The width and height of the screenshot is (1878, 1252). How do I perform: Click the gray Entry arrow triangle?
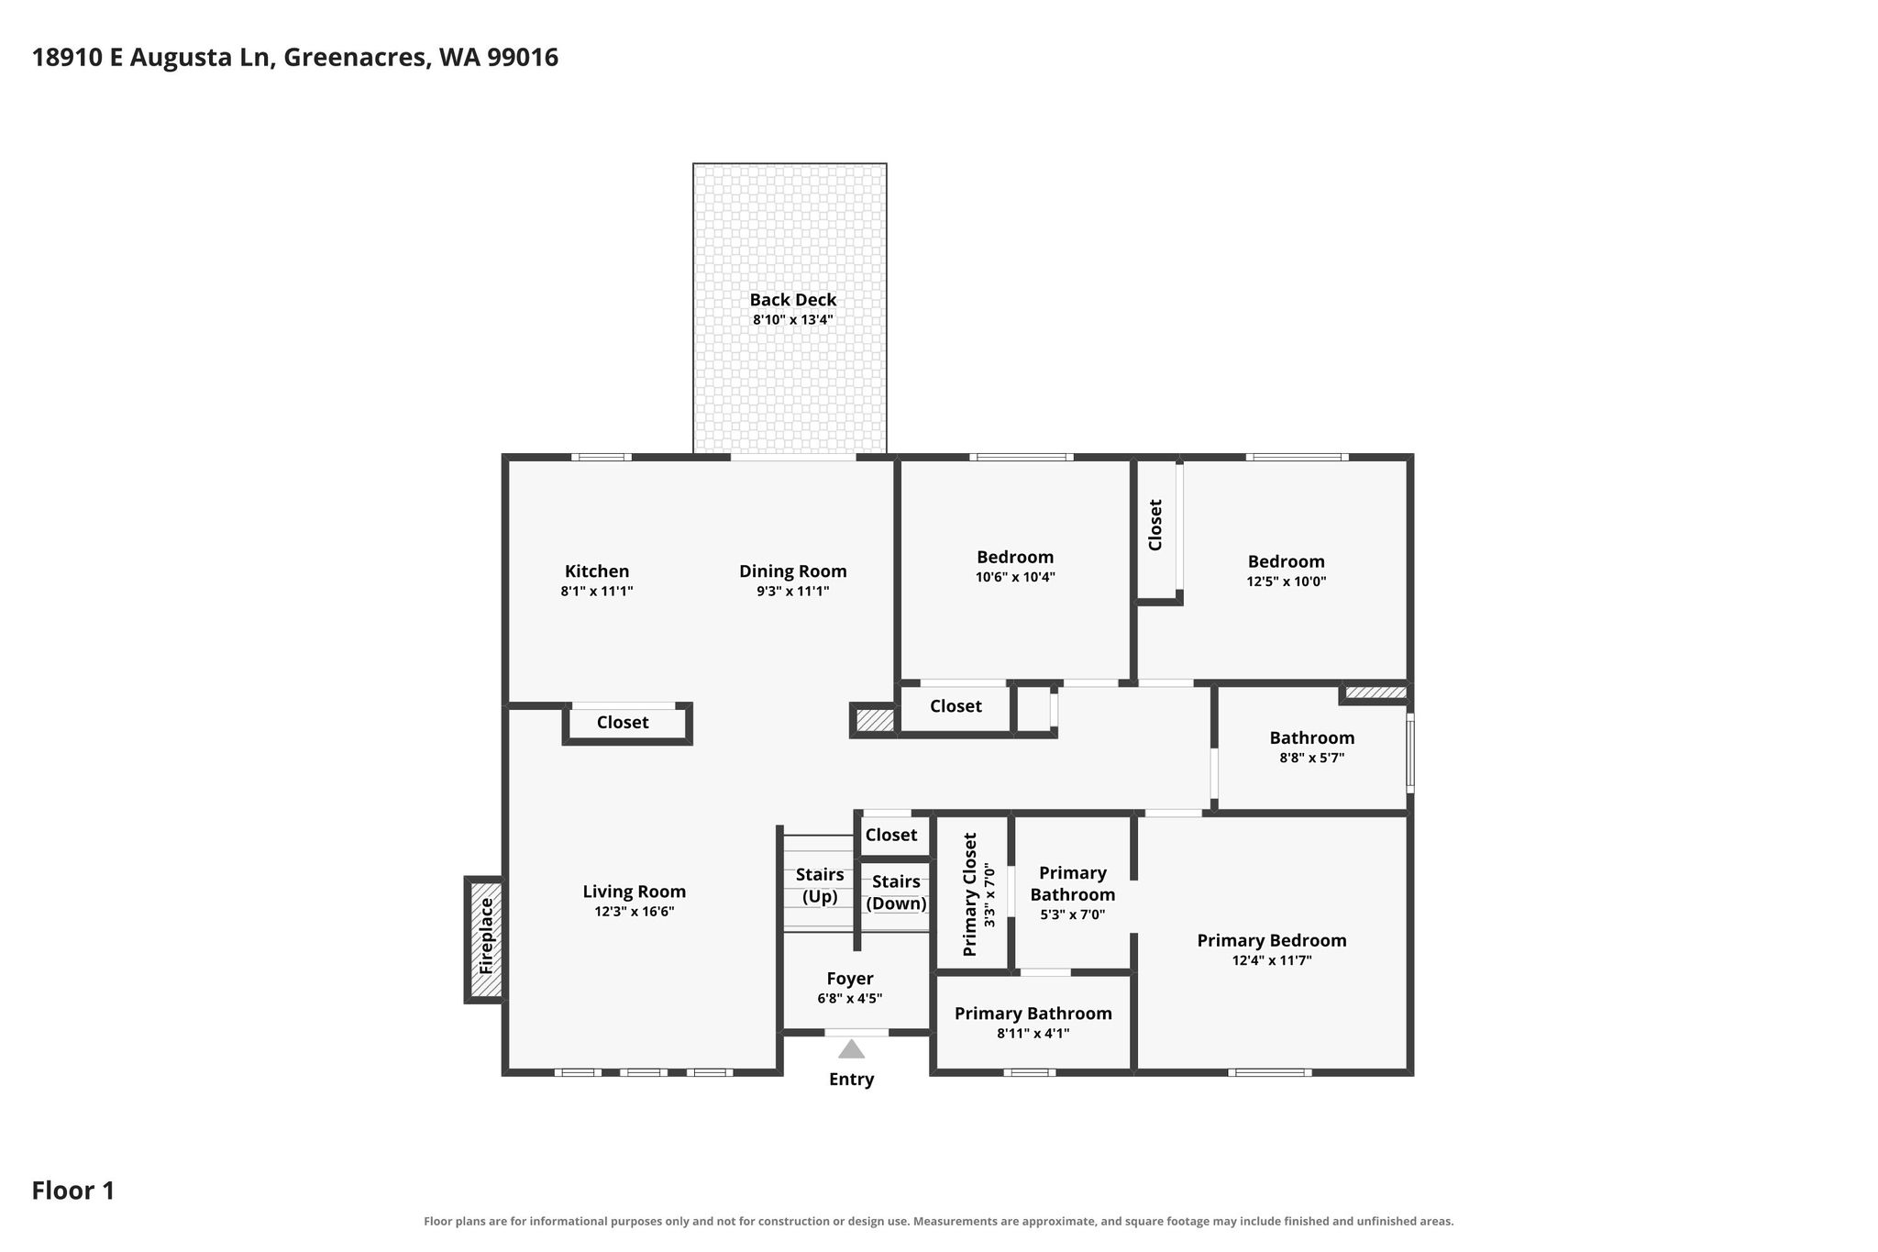[x=851, y=1048]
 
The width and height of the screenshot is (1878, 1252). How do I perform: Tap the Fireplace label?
[x=486, y=936]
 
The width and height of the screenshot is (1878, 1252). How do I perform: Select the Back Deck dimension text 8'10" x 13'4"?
[x=792, y=320]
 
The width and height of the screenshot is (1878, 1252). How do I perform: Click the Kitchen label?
[x=597, y=571]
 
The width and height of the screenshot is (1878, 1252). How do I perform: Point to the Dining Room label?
[x=793, y=571]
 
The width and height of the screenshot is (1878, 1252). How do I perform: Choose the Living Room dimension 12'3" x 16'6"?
[x=635, y=912]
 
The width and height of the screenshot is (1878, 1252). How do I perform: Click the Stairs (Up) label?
[x=820, y=886]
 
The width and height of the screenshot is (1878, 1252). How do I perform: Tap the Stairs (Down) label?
[x=897, y=892]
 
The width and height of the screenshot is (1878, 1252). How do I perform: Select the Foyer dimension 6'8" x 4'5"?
[x=850, y=999]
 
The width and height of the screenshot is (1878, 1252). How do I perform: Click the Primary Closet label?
[x=970, y=894]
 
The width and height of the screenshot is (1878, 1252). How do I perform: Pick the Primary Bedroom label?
[x=1272, y=940]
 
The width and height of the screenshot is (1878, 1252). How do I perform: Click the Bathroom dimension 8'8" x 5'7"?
[x=1312, y=759]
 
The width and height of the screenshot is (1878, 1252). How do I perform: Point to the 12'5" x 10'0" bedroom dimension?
[x=1287, y=582]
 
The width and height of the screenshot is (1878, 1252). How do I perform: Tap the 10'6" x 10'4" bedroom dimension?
[x=1015, y=578]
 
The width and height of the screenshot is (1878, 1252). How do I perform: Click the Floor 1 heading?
[x=73, y=1191]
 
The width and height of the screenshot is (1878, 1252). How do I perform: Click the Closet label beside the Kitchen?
[x=623, y=722]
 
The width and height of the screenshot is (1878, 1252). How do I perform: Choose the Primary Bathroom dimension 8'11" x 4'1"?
[x=1033, y=1034]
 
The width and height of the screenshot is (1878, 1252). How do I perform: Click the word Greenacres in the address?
[x=356, y=58]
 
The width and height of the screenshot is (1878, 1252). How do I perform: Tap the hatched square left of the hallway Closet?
[x=875, y=720]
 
